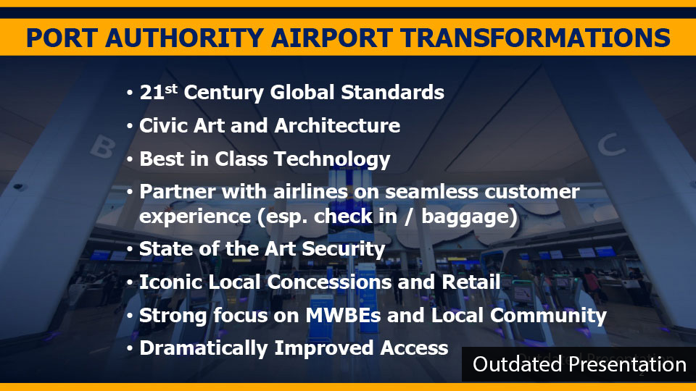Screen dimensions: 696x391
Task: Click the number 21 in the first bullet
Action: pos(152,93)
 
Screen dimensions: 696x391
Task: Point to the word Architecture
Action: pos(337,125)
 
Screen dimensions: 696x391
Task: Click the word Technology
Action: pos(331,159)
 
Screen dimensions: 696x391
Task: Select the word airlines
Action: pos(310,192)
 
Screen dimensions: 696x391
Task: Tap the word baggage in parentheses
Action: pos(466,217)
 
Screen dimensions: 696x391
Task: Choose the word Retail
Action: pos(471,282)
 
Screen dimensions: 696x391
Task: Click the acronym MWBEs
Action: pos(343,315)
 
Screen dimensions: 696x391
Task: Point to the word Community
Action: pos(548,316)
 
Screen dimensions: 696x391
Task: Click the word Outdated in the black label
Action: pos(518,364)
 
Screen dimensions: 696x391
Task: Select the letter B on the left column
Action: pos(104,147)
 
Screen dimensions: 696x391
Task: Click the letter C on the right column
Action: pos(611,145)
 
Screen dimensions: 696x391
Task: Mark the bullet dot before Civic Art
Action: pos(130,126)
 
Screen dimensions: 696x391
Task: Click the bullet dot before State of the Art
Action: pos(130,250)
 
